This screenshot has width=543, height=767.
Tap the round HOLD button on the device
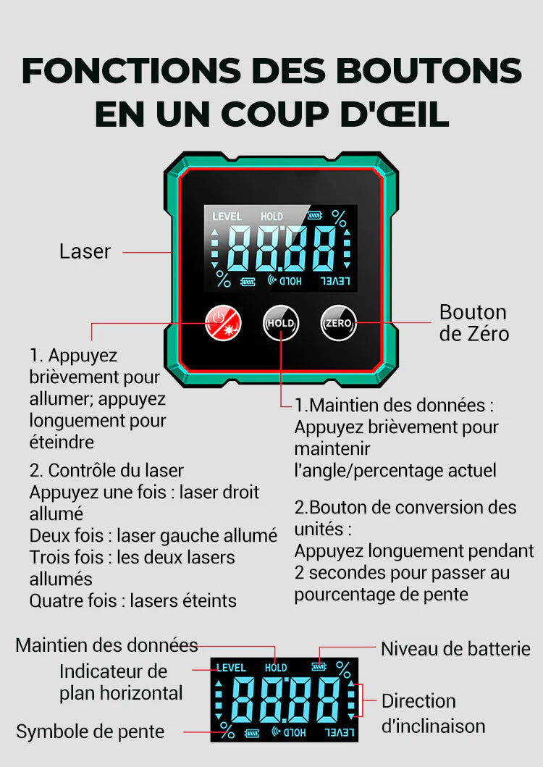[280, 323]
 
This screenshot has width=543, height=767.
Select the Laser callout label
[85, 252]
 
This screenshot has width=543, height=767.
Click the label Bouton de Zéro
[473, 323]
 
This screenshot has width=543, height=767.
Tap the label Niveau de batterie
[455, 649]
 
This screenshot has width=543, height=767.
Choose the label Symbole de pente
[90, 732]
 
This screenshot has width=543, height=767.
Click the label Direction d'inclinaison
[433, 713]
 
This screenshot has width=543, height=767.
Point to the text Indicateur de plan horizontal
[121, 682]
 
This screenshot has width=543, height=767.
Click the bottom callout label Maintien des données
[106, 645]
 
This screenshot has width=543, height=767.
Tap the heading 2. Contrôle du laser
[106, 471]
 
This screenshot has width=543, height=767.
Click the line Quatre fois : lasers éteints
[132, 600]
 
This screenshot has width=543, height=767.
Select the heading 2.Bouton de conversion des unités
[405, 517]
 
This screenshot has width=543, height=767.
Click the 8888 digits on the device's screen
[282, 247]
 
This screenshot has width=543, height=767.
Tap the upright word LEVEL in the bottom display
[232, 668]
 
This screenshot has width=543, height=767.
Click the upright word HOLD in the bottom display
[276, 668]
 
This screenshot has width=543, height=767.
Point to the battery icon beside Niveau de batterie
[318, 666]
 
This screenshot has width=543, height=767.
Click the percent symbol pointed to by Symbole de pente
[227, 730]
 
